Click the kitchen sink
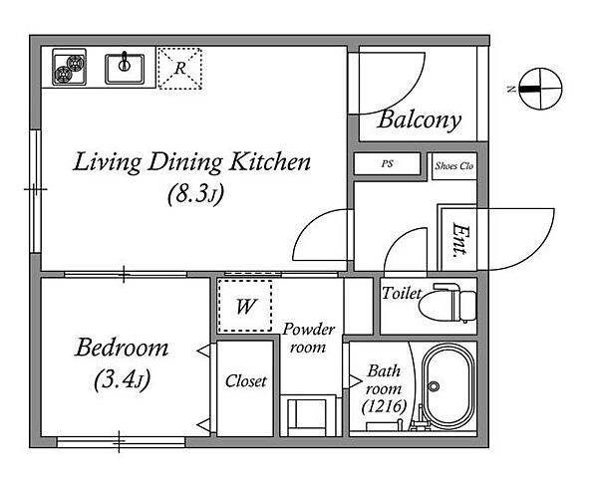pos(125,69)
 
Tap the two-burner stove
pos(69,67)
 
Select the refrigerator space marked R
pos(179,69)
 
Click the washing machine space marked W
pos(245,306)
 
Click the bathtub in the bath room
pos(448,387)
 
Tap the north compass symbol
pos(540,89)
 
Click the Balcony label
pos(420,120)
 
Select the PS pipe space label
pos(387,163)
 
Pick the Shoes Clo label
pos(453,166)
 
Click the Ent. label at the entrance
pos(459,240)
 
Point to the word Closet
pos(246,381)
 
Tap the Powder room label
pos(308,338)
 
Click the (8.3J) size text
pos(196,194)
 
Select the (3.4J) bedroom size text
pos(122,379)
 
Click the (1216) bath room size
pos(384,406)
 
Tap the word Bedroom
pos(122,348)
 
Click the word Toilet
pos(402,293)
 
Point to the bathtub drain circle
pos(434,386)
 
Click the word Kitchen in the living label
pos(270,161)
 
